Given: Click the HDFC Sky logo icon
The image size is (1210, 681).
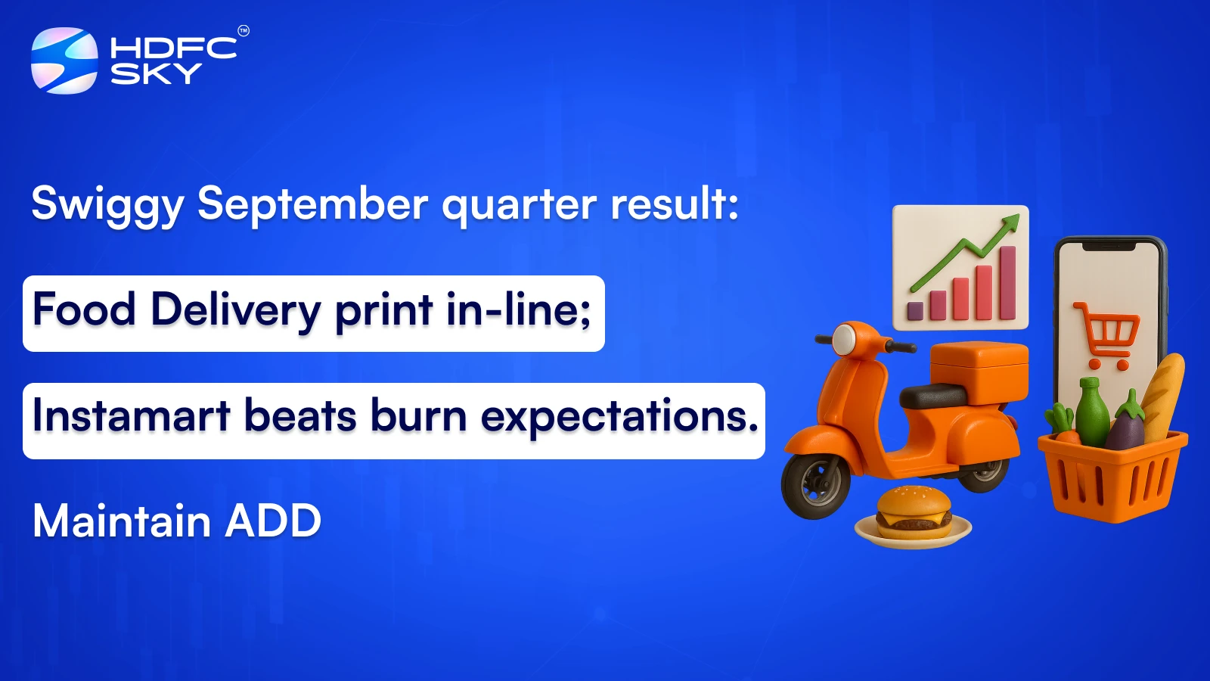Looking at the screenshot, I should (64, 61).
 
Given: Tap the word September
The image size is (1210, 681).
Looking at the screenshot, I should (312, 204).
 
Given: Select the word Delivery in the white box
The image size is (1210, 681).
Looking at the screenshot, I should (236, 311).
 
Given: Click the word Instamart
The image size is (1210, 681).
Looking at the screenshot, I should (131, 417).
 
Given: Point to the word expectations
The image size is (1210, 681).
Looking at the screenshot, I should (619, 417).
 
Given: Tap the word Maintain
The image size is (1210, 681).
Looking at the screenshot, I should (122, 521).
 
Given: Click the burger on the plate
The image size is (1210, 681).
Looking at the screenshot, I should (913, 512).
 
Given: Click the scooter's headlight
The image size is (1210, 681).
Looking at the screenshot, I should (844, 340).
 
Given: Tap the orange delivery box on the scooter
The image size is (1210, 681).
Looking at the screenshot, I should (979, 371).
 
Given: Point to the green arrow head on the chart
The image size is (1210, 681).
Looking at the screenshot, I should (1010, 222).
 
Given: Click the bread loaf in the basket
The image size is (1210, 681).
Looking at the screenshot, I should (1164, 393).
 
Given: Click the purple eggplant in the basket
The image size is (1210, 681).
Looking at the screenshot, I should (1126, 428).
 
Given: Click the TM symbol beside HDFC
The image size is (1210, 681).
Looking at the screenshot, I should (244, 31).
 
